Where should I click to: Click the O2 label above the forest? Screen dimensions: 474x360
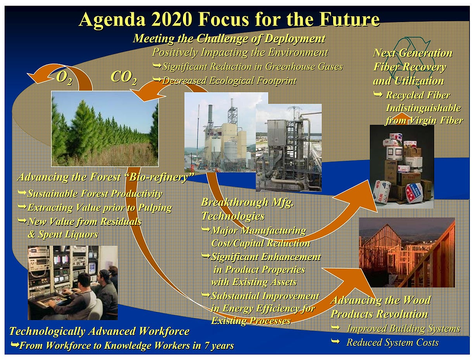(x=65, y=78)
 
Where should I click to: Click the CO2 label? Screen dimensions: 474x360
(x=123, y=78)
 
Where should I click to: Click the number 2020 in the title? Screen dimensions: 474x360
(x=172, y=19)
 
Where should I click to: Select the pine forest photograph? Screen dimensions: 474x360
(x=105, y=129)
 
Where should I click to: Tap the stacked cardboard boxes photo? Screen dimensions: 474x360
(x=402, y=167)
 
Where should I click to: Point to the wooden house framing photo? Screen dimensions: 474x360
(x=407, y=252)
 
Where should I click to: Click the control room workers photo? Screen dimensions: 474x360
(x=73, y=283)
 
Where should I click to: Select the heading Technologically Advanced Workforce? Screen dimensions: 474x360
(x=99, y=331)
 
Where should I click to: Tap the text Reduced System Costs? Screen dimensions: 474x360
(x=393, y=343)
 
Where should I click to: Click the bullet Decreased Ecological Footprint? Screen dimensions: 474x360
(x=225, y=80)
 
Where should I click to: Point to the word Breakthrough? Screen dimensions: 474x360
(x=235, y=202)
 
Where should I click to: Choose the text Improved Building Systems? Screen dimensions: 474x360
(x=404, y=329)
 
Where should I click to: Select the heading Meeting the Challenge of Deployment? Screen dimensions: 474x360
(x=229, y=38)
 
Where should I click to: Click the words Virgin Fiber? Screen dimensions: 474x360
(x=436, y=120)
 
